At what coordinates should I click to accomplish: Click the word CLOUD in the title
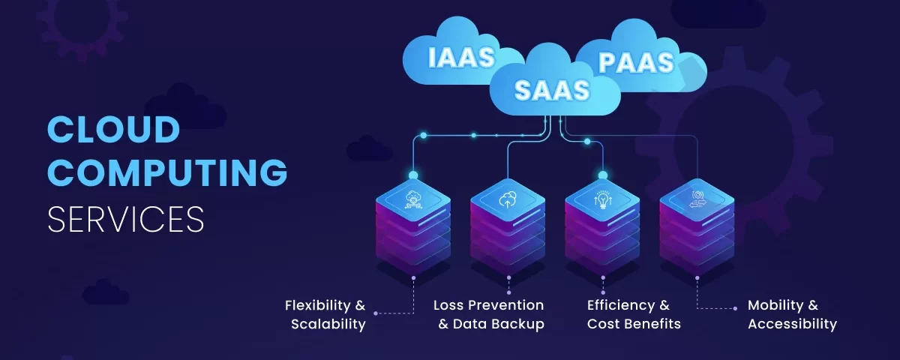(x=113, y=130)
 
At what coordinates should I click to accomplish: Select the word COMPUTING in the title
(x=167, y=173)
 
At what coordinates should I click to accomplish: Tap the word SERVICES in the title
(x=125, y=218)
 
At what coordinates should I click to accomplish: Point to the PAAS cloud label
(x=636, y=62)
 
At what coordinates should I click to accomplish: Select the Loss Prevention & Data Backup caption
(x=489, y=315)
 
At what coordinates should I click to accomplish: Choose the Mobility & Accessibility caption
(x=792, y=315)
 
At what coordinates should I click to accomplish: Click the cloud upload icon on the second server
(x=508, y=199)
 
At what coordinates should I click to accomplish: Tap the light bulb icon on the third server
(x=603, y=199)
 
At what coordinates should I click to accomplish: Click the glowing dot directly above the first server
(x=413, y=175)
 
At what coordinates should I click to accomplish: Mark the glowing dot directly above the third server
(x=603, y=175)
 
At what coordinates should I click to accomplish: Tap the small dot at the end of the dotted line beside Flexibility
(x=376, y=313)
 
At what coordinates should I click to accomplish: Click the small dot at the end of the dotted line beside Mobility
(x=735, y=307)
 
